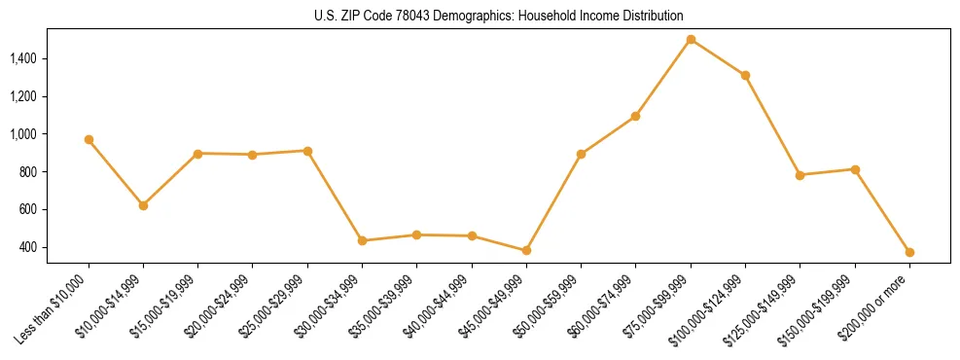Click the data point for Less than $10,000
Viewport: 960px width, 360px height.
89,140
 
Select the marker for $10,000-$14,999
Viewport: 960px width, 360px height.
143,205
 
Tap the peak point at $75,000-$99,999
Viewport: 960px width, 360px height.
691,40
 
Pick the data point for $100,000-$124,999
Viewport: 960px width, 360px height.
745,75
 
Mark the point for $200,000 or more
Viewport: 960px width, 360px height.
909,252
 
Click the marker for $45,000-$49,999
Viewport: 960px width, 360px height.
526,250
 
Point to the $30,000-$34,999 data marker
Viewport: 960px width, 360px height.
362,240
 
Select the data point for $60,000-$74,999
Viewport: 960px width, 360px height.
635,116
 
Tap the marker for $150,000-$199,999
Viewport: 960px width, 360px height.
855,169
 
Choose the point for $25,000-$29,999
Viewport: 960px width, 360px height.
307,151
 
